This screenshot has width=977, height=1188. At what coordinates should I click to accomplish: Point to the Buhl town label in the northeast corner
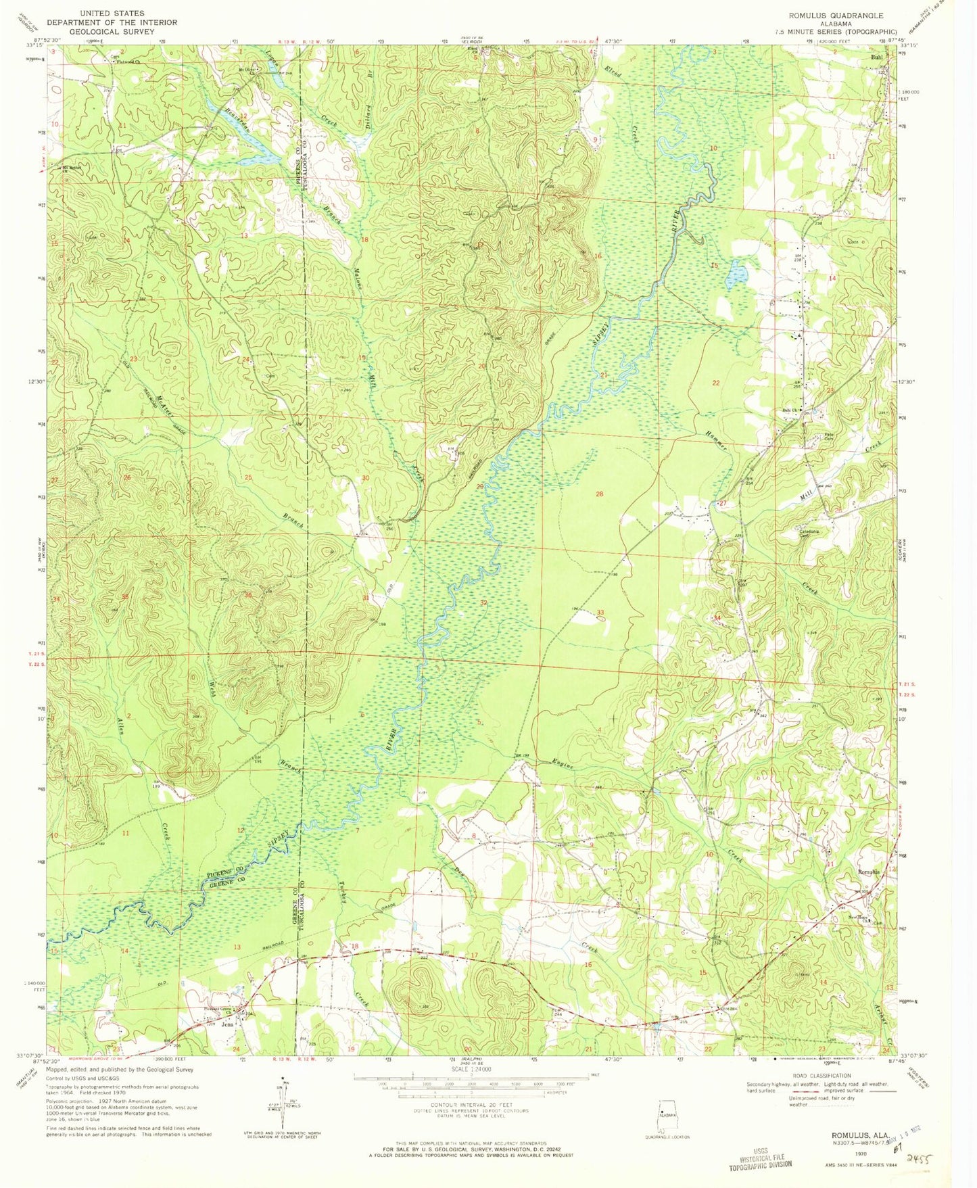tap(877, 58)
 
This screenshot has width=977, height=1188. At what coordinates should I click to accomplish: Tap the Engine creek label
tap(563, 765)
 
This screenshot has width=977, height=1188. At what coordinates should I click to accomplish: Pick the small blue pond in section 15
tap(737, 275)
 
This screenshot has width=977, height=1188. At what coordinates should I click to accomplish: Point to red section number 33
tap(600, 613)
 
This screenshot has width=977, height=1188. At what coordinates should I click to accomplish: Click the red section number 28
tap(599, 494)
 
